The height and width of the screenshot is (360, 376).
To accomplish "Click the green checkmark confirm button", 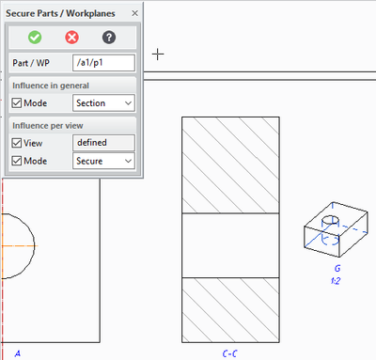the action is click(x=35, y=38).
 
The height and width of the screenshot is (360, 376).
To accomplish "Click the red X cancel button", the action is click(x=72, y=38).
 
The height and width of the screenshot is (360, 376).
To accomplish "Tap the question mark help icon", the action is click(x=109, y=38).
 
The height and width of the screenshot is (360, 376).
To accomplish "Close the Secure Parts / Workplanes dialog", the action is click(x=134, y=13).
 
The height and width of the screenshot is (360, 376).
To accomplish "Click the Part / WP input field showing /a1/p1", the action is click(x=103, y=63).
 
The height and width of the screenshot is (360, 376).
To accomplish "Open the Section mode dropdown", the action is click(x=103, y=103).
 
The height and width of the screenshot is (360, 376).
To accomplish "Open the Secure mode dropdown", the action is click(x=103, y=161).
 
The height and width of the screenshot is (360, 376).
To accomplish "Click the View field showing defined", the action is click(x=103, y=143).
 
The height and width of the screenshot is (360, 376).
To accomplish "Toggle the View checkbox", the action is click(x=17, y=143).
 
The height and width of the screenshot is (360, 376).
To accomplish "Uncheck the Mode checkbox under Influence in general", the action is click(x=17, y=103).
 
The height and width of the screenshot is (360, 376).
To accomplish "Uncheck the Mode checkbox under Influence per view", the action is click(x=17, y=161).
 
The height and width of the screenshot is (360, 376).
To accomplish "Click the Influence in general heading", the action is click(x=51, y=86).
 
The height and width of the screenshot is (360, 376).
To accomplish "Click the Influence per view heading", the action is click(x=48, y=126).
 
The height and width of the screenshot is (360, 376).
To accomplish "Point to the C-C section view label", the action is click(x=229, y=353).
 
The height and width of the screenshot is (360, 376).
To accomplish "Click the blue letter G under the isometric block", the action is click(x=337, y=269).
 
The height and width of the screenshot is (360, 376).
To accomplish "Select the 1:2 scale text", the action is click(x=336, y=281).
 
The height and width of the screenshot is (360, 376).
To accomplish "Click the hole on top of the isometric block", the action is click(x=331, y=220).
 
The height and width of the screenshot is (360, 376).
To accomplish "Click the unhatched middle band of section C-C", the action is click(x=230, y=245).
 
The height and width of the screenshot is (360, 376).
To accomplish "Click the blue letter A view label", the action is click(x=18, y=353).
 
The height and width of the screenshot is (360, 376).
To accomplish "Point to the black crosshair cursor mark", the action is click(x=158, y=55).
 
